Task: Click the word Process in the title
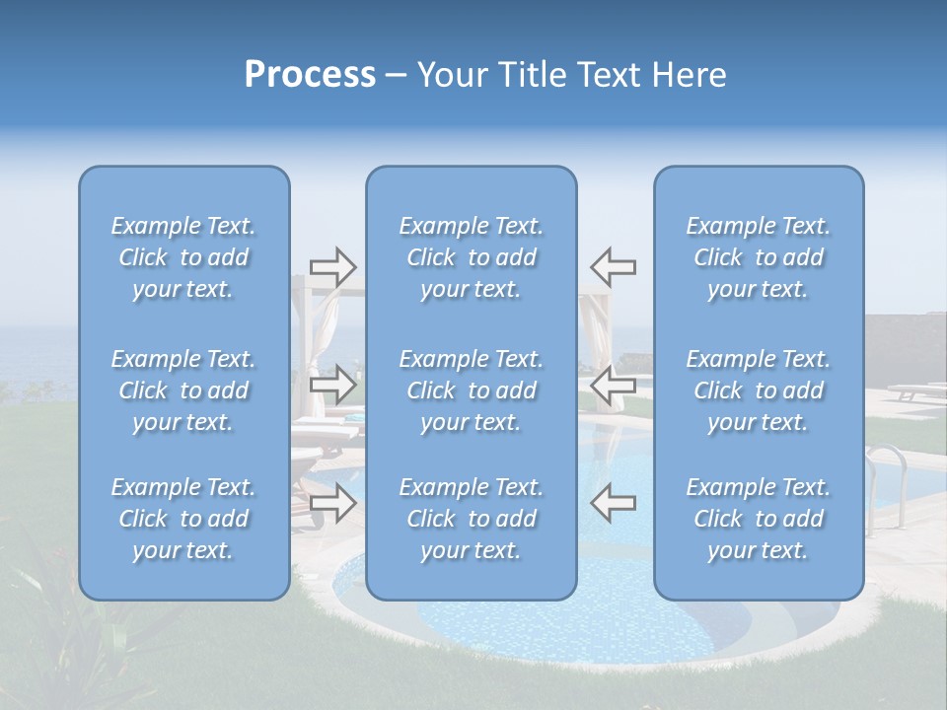pos(310,75)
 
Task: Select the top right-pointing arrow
pos(332,266)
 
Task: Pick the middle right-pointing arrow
pos(332,384)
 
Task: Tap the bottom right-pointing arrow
pos(332,503)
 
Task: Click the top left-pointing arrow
pos(613,266)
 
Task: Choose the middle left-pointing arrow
pos(613,384)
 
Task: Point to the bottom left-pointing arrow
pos(613,503)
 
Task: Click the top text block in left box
pos(183,257)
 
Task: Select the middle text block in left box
pos(183,390)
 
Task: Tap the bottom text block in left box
pos(183,519)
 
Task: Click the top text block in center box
pos(472,257)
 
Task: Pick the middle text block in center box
pos(472,390)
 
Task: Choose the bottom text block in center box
pos(472,519)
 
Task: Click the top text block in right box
pos(759,257)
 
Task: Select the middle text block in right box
pos(759,390)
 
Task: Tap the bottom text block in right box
pos(759,519)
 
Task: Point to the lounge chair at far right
pos(913,391)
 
